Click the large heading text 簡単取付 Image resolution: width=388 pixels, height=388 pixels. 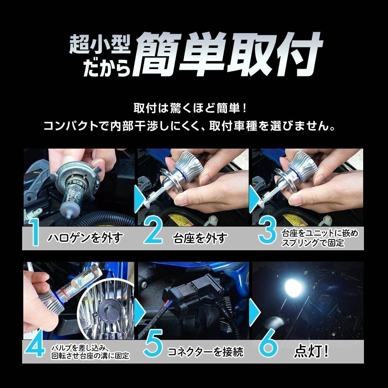[x=227, y=54]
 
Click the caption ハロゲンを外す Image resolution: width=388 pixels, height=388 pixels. [x=85, y=238]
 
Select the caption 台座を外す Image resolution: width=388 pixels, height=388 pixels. [x=200, y=238]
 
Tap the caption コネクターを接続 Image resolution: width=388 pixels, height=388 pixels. [x=205, y=352]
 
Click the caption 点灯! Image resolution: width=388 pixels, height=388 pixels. [x=312, y=351]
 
